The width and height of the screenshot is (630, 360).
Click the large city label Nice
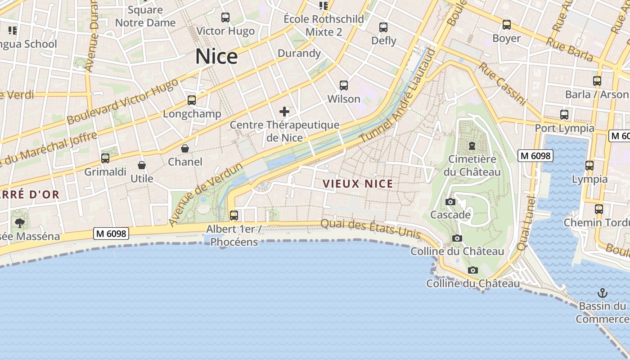click(216, 57)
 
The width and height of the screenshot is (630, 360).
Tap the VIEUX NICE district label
click(358, 184)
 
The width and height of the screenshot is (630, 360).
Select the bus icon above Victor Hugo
click(225, 18)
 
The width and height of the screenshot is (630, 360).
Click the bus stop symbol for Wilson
click(344, 85)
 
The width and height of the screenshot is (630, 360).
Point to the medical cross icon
click(284, 111)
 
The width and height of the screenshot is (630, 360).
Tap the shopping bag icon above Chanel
click(185, 148)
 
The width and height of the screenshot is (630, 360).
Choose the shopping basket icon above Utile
click(142, 165)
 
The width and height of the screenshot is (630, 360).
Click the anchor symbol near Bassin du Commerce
click(602, 293)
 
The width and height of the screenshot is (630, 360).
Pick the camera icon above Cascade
click(450, 202)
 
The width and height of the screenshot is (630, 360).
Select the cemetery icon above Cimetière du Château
click(472, 146)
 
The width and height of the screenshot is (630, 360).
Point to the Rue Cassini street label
click(502, 84)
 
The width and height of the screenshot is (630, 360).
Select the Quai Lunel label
click(526, 223)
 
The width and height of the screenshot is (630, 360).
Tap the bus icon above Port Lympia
click(564, 115)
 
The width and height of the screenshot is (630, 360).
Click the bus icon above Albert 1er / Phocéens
click(234, 216)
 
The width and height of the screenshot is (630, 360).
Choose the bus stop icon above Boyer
click(507, 25)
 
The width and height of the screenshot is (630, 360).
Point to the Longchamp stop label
click(192, 114)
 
